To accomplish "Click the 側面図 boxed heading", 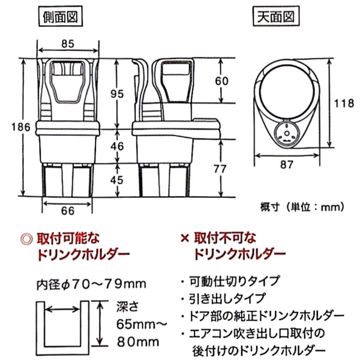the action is pos(61,17).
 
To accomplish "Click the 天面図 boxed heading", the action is pos(276,17).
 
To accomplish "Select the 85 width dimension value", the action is pos(68,44).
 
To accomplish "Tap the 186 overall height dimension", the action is pos(21,127).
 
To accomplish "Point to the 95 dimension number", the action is pos(117,94).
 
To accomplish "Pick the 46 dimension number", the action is pos(117,146).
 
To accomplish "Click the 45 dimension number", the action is pos(117,180).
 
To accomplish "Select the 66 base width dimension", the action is pos(68,211).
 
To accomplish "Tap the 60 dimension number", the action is pos(222,81).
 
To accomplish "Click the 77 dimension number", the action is pos(220,169).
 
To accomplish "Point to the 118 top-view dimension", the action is pos(344,103).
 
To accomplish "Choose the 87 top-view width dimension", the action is pos(287,164).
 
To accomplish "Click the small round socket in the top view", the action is pos(286,133).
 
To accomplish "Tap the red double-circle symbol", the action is pos(26,239).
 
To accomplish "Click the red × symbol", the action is pos(185,239).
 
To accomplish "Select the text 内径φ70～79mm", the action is pos(91,284).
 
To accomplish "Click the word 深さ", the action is pos(127,306).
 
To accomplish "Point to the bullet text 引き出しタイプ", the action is pos(227,298).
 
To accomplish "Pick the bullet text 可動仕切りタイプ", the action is pos(235,281).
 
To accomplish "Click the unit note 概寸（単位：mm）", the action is pos(302,208).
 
